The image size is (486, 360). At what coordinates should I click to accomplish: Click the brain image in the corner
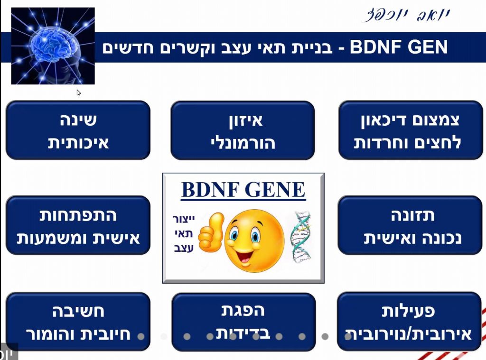pyautogui.click(x=53, y=46)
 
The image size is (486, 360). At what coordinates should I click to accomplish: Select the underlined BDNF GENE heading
pyautogui.click(x=243, y=190)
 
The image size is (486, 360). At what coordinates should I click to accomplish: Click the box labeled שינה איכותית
pyautogui.click(x=78, y=130)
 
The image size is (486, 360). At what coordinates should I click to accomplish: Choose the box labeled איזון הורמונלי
pyautogui.click(x=243, y=130)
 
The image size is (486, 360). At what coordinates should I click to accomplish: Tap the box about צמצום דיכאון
pyautogui.click(x=411, y=130)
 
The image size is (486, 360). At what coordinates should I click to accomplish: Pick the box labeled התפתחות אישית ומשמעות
pyautogui.click(x=78, y=225)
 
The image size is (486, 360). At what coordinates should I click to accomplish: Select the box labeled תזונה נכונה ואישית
pyautogui.click(x=410, y=225)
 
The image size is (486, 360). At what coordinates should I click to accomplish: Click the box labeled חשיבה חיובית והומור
pyautogui.click(x=78, y=321)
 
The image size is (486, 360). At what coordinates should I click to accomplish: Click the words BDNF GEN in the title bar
pyautogui.click(x=399, y=47)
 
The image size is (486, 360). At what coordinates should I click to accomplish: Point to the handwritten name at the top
pyautogui.click(x=406, y=15)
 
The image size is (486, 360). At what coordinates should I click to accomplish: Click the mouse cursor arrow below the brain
pyautogui.click(x=79, y=92)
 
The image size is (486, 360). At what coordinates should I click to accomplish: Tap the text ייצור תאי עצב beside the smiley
pyautogui.click(x=183, y=233)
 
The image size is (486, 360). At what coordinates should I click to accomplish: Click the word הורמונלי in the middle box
pyautogui.click(x=243, y=142)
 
